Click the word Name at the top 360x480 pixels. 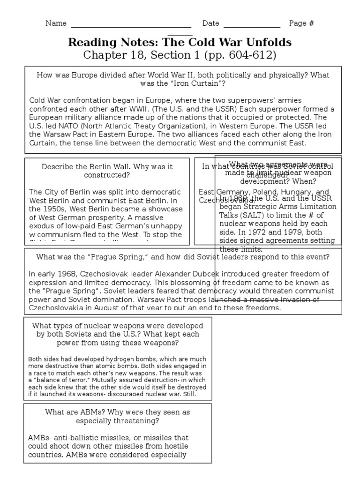point(56,23)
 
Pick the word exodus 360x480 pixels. point(41,226)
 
